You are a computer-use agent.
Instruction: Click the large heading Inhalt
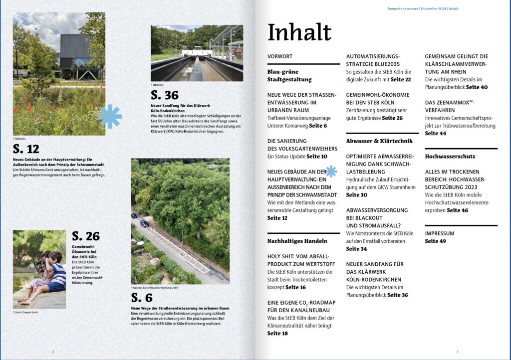[x=299, y=32]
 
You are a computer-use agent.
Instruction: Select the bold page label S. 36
[x=164, y=95]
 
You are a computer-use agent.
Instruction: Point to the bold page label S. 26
[x=86, y=236]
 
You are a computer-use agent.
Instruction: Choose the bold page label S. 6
[x=142, y=298]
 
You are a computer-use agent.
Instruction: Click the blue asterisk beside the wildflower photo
[x=110, y=117]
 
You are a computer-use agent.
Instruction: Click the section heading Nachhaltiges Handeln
[x=297, y=241]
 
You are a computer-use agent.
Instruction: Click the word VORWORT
[x=280, y=56]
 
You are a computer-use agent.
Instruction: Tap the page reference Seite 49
[x=436, y=241]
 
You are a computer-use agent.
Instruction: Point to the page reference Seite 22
[x=401, y=79]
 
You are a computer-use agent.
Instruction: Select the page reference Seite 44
[x=436, y=133]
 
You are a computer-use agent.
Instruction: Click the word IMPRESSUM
[x=440, y=233]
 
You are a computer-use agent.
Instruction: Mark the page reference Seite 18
[x=277, y=333]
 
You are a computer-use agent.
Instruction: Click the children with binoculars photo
[x=39, y=269]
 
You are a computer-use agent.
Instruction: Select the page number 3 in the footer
[x=457, y=352]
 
